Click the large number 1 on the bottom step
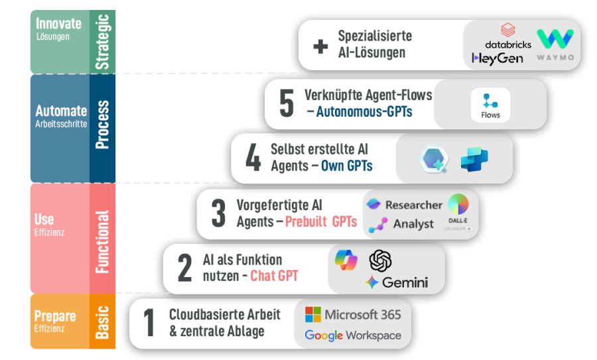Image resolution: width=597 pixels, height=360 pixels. click(149, 323)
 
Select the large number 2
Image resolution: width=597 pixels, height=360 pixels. click(184, 268)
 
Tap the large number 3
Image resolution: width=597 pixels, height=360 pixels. click(218, 214)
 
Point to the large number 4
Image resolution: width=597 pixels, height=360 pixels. click(253, 158)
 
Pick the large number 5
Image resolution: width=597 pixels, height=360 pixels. click(286, 104)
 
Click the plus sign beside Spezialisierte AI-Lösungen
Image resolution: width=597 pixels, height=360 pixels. click(320, 46)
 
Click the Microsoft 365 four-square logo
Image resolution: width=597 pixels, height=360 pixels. click(312, 314)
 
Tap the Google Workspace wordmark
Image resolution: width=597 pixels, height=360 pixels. click(353, 335)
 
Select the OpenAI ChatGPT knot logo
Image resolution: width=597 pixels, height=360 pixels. click(381, 261)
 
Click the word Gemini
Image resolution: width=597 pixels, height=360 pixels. click(404, 282)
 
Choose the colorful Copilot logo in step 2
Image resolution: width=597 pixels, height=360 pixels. click(346, 259)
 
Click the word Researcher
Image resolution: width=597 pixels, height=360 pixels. click(413, 205)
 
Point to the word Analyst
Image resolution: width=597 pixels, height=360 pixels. click(413, 224)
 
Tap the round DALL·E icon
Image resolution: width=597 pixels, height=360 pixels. click(458, 204)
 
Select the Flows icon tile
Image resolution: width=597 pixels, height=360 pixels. click(491, 105)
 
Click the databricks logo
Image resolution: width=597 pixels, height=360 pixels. click(508, 37)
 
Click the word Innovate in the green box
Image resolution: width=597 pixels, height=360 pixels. click(58, 24)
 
